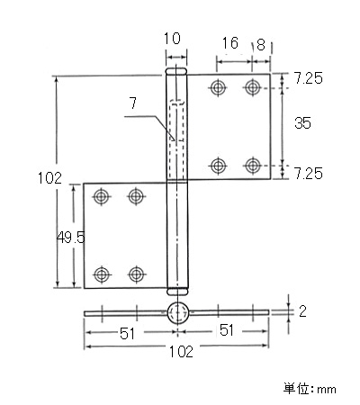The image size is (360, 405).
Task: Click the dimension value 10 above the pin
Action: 172,39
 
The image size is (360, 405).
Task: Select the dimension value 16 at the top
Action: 229,42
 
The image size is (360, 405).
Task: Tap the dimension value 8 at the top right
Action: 261,45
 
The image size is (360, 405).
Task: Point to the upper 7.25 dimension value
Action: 308,78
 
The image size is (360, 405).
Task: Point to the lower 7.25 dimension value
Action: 308,174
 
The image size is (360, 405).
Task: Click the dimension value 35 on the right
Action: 302,123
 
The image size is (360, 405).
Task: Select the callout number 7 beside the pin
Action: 133,103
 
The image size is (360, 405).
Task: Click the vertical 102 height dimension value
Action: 49,178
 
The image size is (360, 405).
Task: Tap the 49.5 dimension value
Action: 71,238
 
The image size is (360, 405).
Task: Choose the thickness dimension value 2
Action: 302,311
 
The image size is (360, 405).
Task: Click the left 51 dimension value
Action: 128,334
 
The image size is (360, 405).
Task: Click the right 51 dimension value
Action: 227,330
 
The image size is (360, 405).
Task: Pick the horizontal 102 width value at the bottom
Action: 181,352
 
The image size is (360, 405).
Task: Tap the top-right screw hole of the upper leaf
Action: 252,87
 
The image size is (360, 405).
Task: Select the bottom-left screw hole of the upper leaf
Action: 218,166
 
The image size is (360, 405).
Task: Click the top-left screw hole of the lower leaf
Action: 101,197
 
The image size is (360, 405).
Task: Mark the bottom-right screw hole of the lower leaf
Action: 136,274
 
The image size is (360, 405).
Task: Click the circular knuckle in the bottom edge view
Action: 178,312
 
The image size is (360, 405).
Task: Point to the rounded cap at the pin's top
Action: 176,71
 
